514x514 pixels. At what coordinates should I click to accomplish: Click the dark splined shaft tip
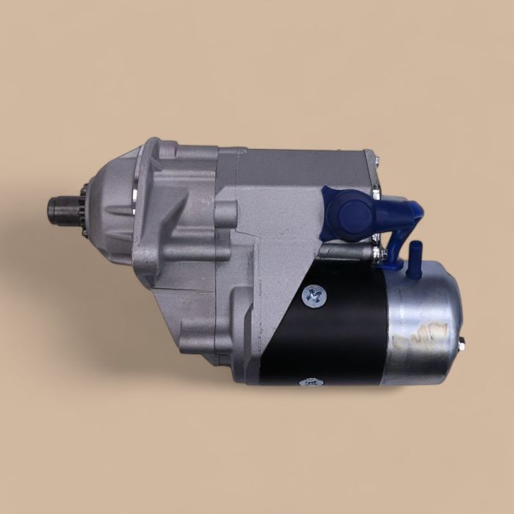tap(61, 210)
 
